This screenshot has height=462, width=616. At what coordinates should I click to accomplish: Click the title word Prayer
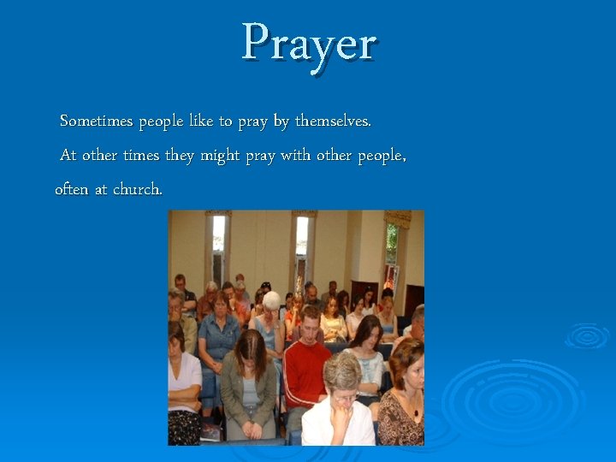point(309,43)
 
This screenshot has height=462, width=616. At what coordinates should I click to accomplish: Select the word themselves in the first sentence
point(333,121)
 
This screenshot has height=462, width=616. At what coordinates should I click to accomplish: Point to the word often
point(71,189)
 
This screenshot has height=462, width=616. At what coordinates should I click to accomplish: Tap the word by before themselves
point(281,121)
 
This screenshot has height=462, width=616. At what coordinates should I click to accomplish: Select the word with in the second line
point(295,157)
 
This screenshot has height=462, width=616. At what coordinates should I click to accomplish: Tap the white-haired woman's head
point(271,301)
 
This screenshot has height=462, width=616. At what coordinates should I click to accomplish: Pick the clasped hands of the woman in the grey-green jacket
point(251,423)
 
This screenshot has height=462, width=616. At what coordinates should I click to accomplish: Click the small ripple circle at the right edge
point(588,335)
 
